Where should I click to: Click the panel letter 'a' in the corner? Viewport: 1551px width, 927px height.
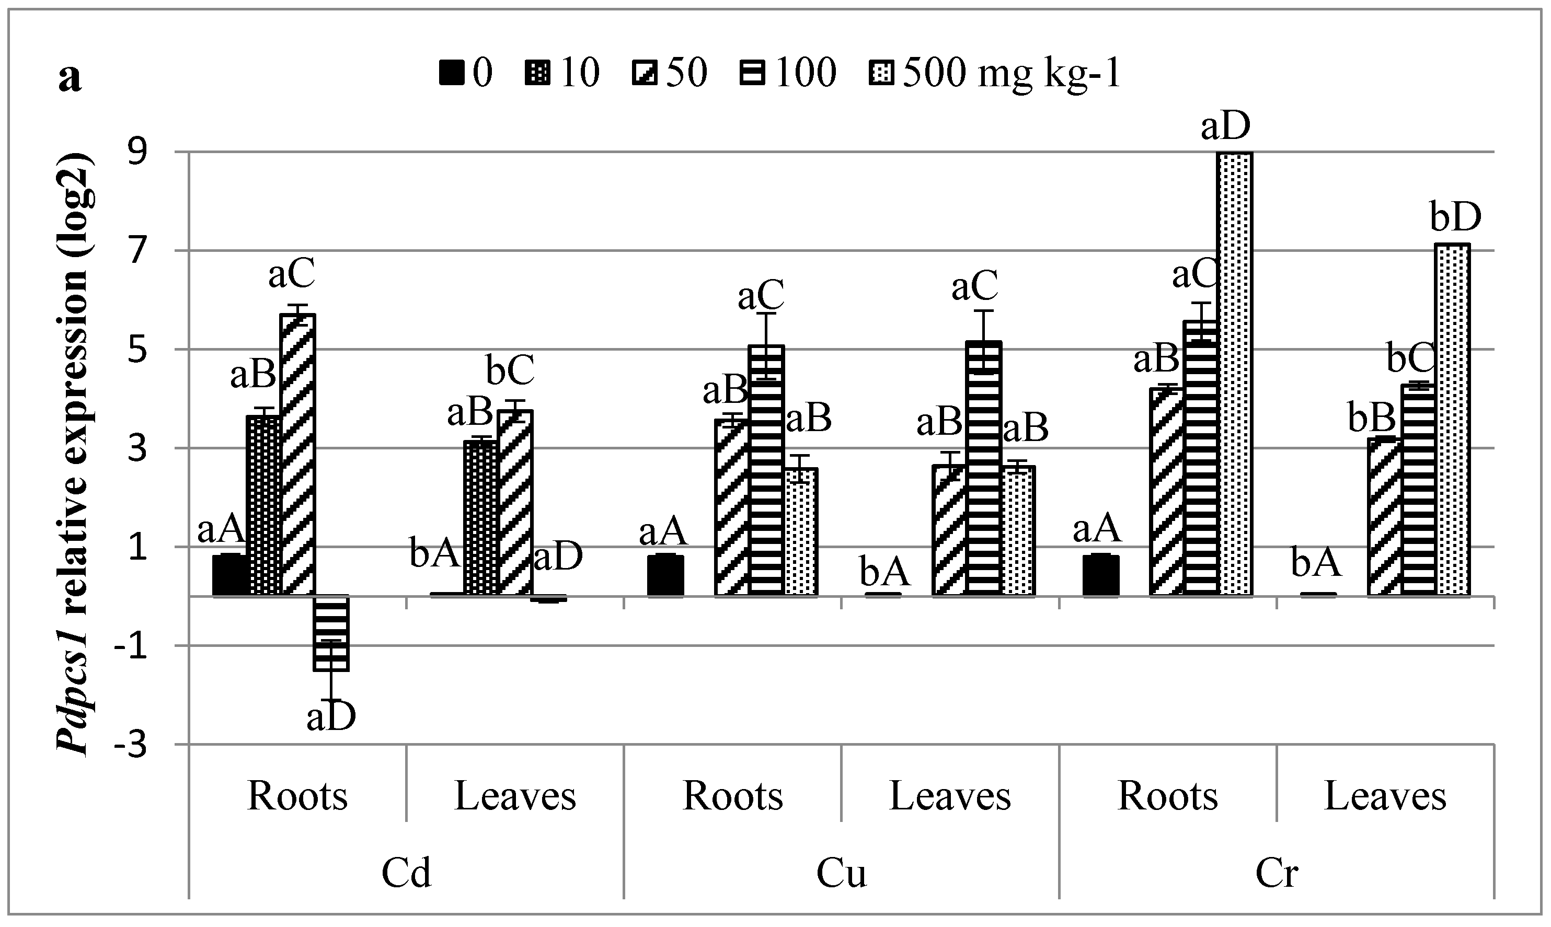pyautogui.click(x=70, y=79)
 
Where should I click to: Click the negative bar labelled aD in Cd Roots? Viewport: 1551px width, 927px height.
pyautogui.click(x=331, y=633)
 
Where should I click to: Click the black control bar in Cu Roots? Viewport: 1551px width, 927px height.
pyautogui.click(x=665, y=575)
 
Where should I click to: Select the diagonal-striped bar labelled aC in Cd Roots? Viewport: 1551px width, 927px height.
pyautogui.click(x=297, y=455)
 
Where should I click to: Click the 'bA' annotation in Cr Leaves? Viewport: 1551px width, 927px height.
pyautogui.click(x=1316, y=563)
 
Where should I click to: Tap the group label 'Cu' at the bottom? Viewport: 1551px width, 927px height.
pyautogui.click(x=841, y=873)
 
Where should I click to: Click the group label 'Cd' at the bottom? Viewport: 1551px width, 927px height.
pyautogui.click(x=406, y=873)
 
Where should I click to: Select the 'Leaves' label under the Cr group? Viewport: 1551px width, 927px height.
pyautogui.click(x=1385, y=796)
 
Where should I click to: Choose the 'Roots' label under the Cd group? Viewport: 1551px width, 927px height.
pyautogui.click(x=297, y=796)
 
